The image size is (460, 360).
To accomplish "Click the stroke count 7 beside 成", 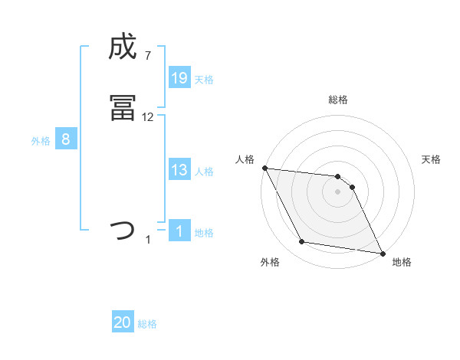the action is pyautogui.click(x=148, y=56).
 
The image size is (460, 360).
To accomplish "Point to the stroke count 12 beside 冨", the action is pyautogui.click(x=148, y=117).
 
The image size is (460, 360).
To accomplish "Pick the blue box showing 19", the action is pyautogui.click(x=179, y=77).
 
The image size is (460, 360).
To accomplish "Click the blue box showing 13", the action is pyautogui.click(x=179, y=170).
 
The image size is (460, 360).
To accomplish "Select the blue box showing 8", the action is pyautogui.click(x=66, y=139).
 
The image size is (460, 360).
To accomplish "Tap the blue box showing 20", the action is pyautogui.click(x=123, y=322).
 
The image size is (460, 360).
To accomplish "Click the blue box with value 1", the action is pyautogui.click(x=179, y=231).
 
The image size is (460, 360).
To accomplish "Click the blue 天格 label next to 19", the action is pyautogui.click(x=204, y=79).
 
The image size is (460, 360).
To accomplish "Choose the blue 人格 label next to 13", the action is pyautogui.click(x=204, y=172).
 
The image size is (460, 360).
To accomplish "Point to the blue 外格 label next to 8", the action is pyautogui.click(x=41, y=141).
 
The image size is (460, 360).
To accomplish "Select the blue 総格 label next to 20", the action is pyautogui.click(x=147, y=324).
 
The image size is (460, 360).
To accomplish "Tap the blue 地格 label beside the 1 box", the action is pyautogui.click(x=204, y=232).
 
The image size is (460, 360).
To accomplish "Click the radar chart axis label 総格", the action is pyautogui.click(x=338, y=100).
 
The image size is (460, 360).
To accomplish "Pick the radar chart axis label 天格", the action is pyautogui.click(x=431, y=159).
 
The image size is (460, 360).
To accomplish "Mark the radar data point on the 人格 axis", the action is pyautogui.click(x=264, y=168).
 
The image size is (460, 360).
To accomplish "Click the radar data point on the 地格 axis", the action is pyautogui.click(x=383, y=253).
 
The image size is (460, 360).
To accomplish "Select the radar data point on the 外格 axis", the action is pyautogui.click(x=302, y=242).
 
